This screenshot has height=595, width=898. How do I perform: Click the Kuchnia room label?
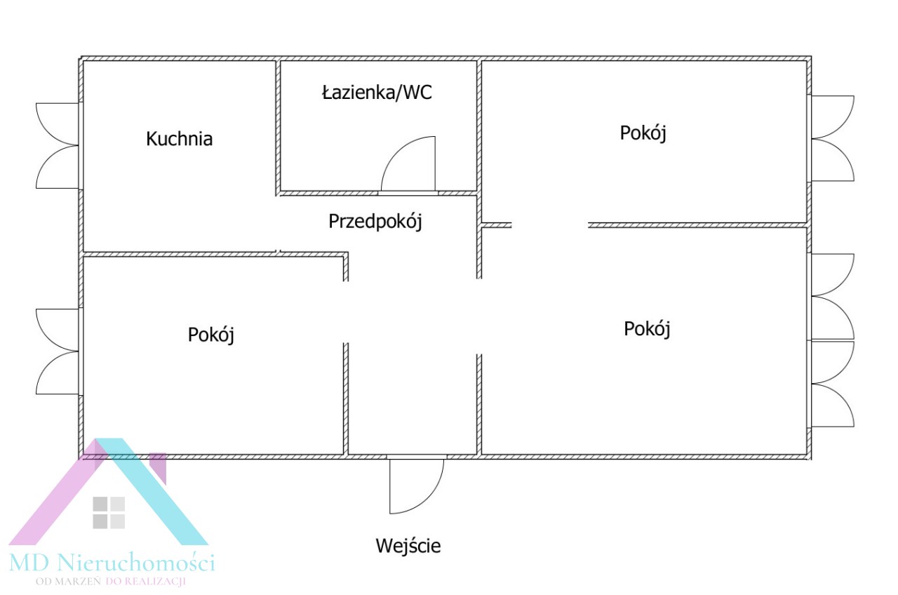pos(179,139)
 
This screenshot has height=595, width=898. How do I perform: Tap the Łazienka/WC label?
pos(377,93)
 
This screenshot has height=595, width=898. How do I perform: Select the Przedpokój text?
pos(375,222)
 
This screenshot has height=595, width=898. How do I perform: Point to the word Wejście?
pos(408,545)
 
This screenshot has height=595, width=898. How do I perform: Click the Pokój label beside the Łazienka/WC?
pos(643,133)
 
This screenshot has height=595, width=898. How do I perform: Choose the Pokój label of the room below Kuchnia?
pos(210,335)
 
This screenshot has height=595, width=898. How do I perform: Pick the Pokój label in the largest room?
pos(647,328)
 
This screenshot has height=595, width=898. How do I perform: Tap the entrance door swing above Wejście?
pos(417,486)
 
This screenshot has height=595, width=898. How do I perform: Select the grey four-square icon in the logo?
pos(109,512)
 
